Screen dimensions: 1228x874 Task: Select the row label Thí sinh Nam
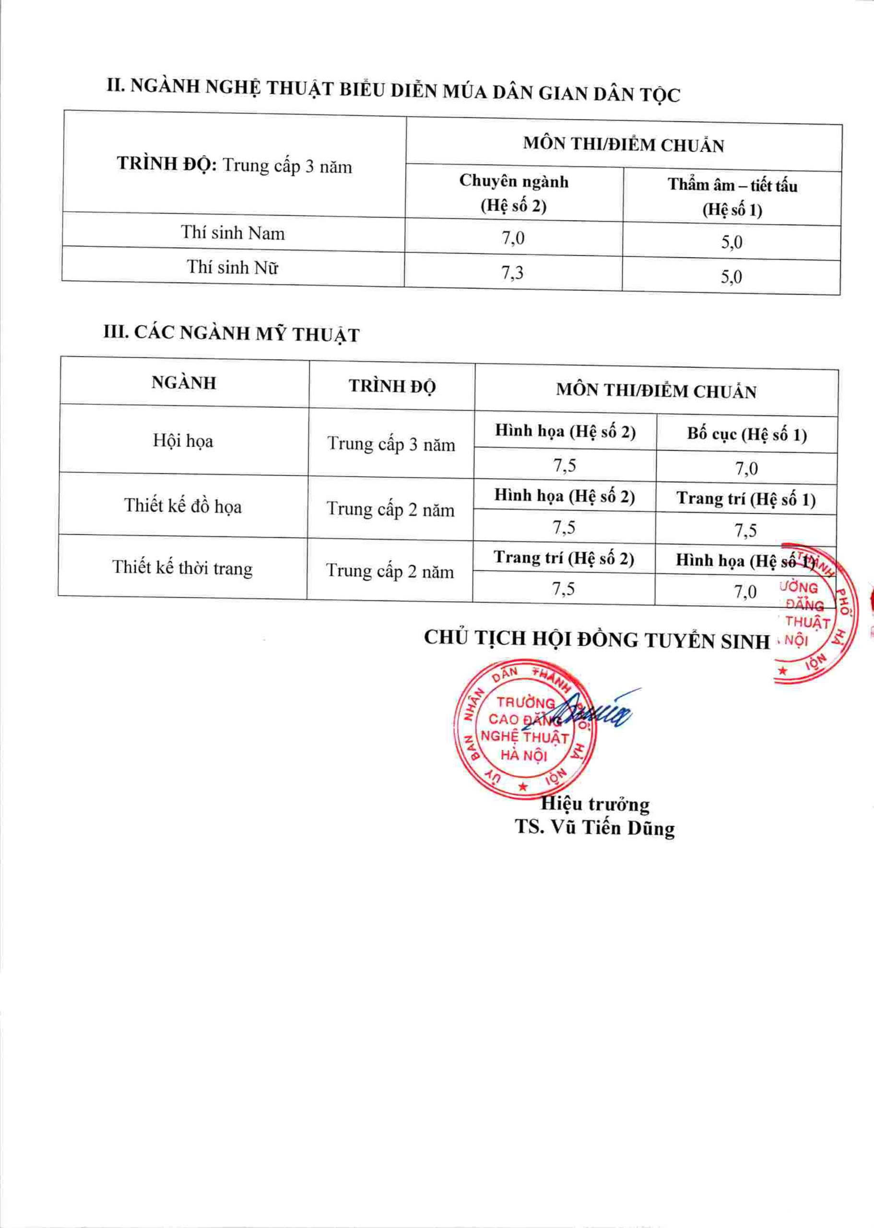(233, 233)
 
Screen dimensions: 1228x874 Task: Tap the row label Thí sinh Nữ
(233, 267)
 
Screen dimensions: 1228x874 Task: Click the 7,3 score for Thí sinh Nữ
(512, 273)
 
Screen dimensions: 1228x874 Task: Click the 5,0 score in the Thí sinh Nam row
(732, 242)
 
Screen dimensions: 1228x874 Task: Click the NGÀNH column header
(184, 383)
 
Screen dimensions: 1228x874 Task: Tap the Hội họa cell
(183, 441)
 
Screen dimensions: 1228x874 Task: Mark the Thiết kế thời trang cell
(182, 568)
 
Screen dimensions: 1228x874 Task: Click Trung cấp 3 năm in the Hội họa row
(391, 445)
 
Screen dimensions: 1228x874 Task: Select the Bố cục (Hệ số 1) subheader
(746, 434)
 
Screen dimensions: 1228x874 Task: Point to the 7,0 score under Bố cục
(746, 469)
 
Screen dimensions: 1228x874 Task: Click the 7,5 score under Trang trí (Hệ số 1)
(746, 531)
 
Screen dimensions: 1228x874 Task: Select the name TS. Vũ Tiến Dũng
(594, 827)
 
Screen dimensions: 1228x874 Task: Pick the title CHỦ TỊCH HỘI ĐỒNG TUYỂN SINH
(597, 639)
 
